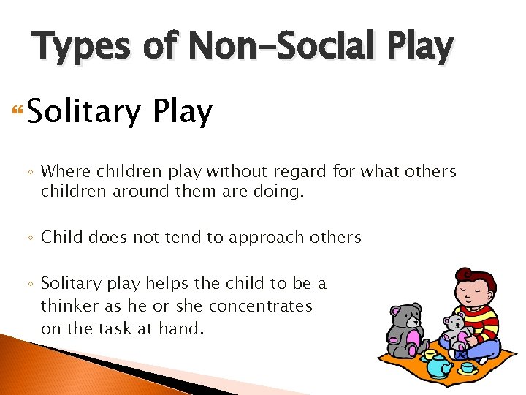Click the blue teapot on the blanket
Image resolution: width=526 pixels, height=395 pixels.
pos(439,365)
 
